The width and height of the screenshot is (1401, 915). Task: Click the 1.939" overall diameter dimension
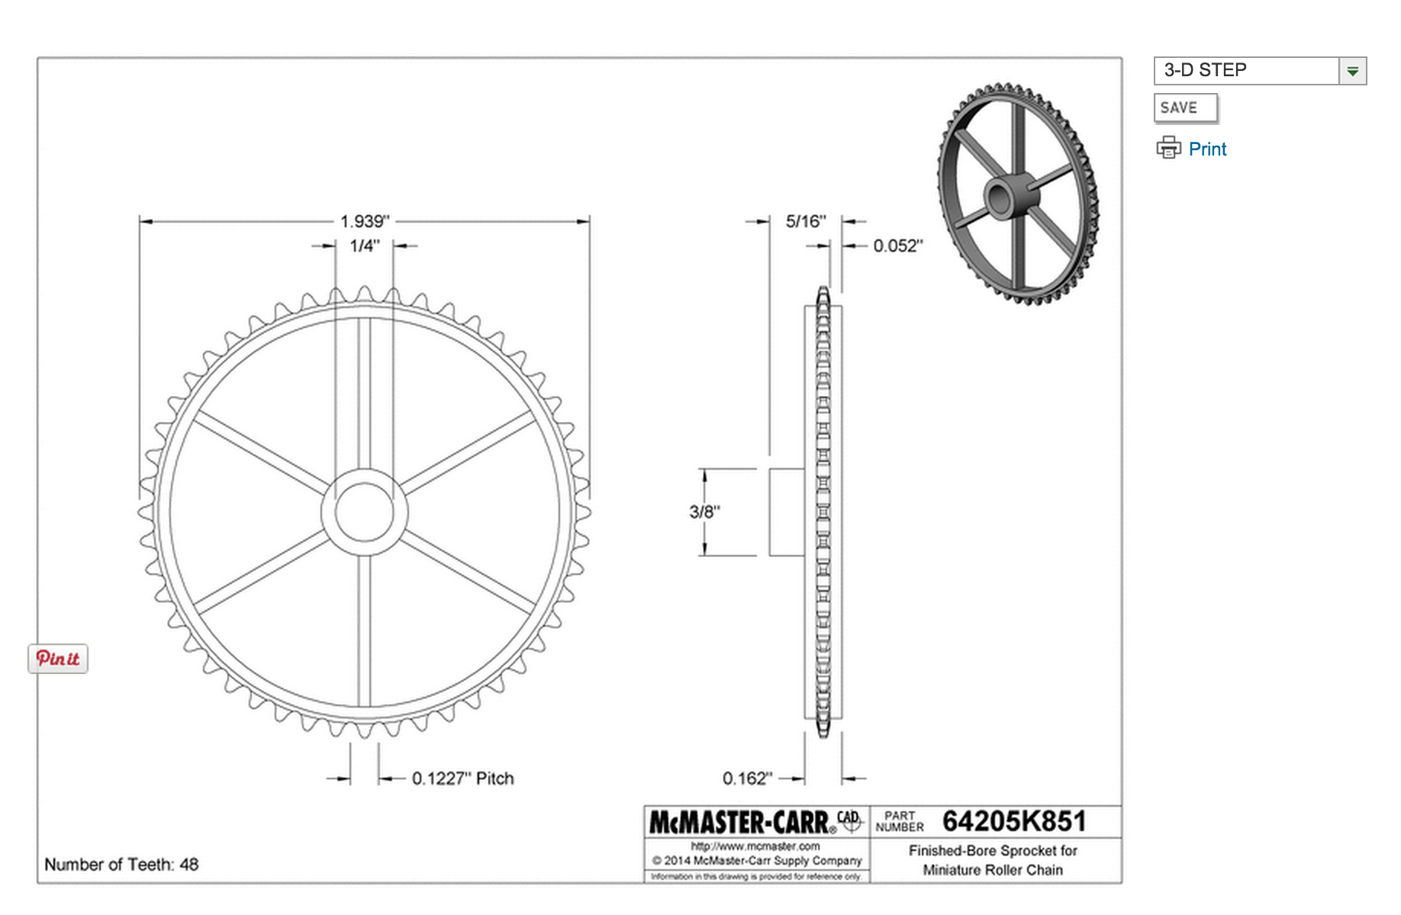click(x=364, y=221)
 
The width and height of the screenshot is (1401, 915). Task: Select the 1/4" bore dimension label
click(x=364, y=246)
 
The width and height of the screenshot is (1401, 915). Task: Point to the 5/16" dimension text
click(x=805, y=221)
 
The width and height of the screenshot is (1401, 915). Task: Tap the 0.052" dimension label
click(x=897, y=246)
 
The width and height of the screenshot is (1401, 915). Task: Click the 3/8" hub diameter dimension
click(x=704, y=512)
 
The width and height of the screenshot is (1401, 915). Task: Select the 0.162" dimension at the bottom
click(x=747, y=779)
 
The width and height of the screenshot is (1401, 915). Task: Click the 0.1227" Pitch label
click(x=462, y=779)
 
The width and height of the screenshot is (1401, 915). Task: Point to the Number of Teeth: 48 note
click(x=121, y=864)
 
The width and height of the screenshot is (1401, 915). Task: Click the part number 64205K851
click(x=1013, y=821)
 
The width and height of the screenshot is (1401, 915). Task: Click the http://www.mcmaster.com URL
click(x=755, y=846)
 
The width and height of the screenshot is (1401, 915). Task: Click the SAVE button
click(x=1184, y=108)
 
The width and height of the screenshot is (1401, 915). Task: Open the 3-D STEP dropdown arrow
click(x=1352, y=71)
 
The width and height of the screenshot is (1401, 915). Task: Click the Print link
click(x=1207, y=149)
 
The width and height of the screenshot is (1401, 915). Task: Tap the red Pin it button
click(x=58, y=658)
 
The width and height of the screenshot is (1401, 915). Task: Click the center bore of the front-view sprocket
click(x=364, y=512)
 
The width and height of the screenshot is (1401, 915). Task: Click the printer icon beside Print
click(x=1168, y=147)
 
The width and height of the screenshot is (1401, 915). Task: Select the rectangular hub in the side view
click(x=787, y=512)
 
